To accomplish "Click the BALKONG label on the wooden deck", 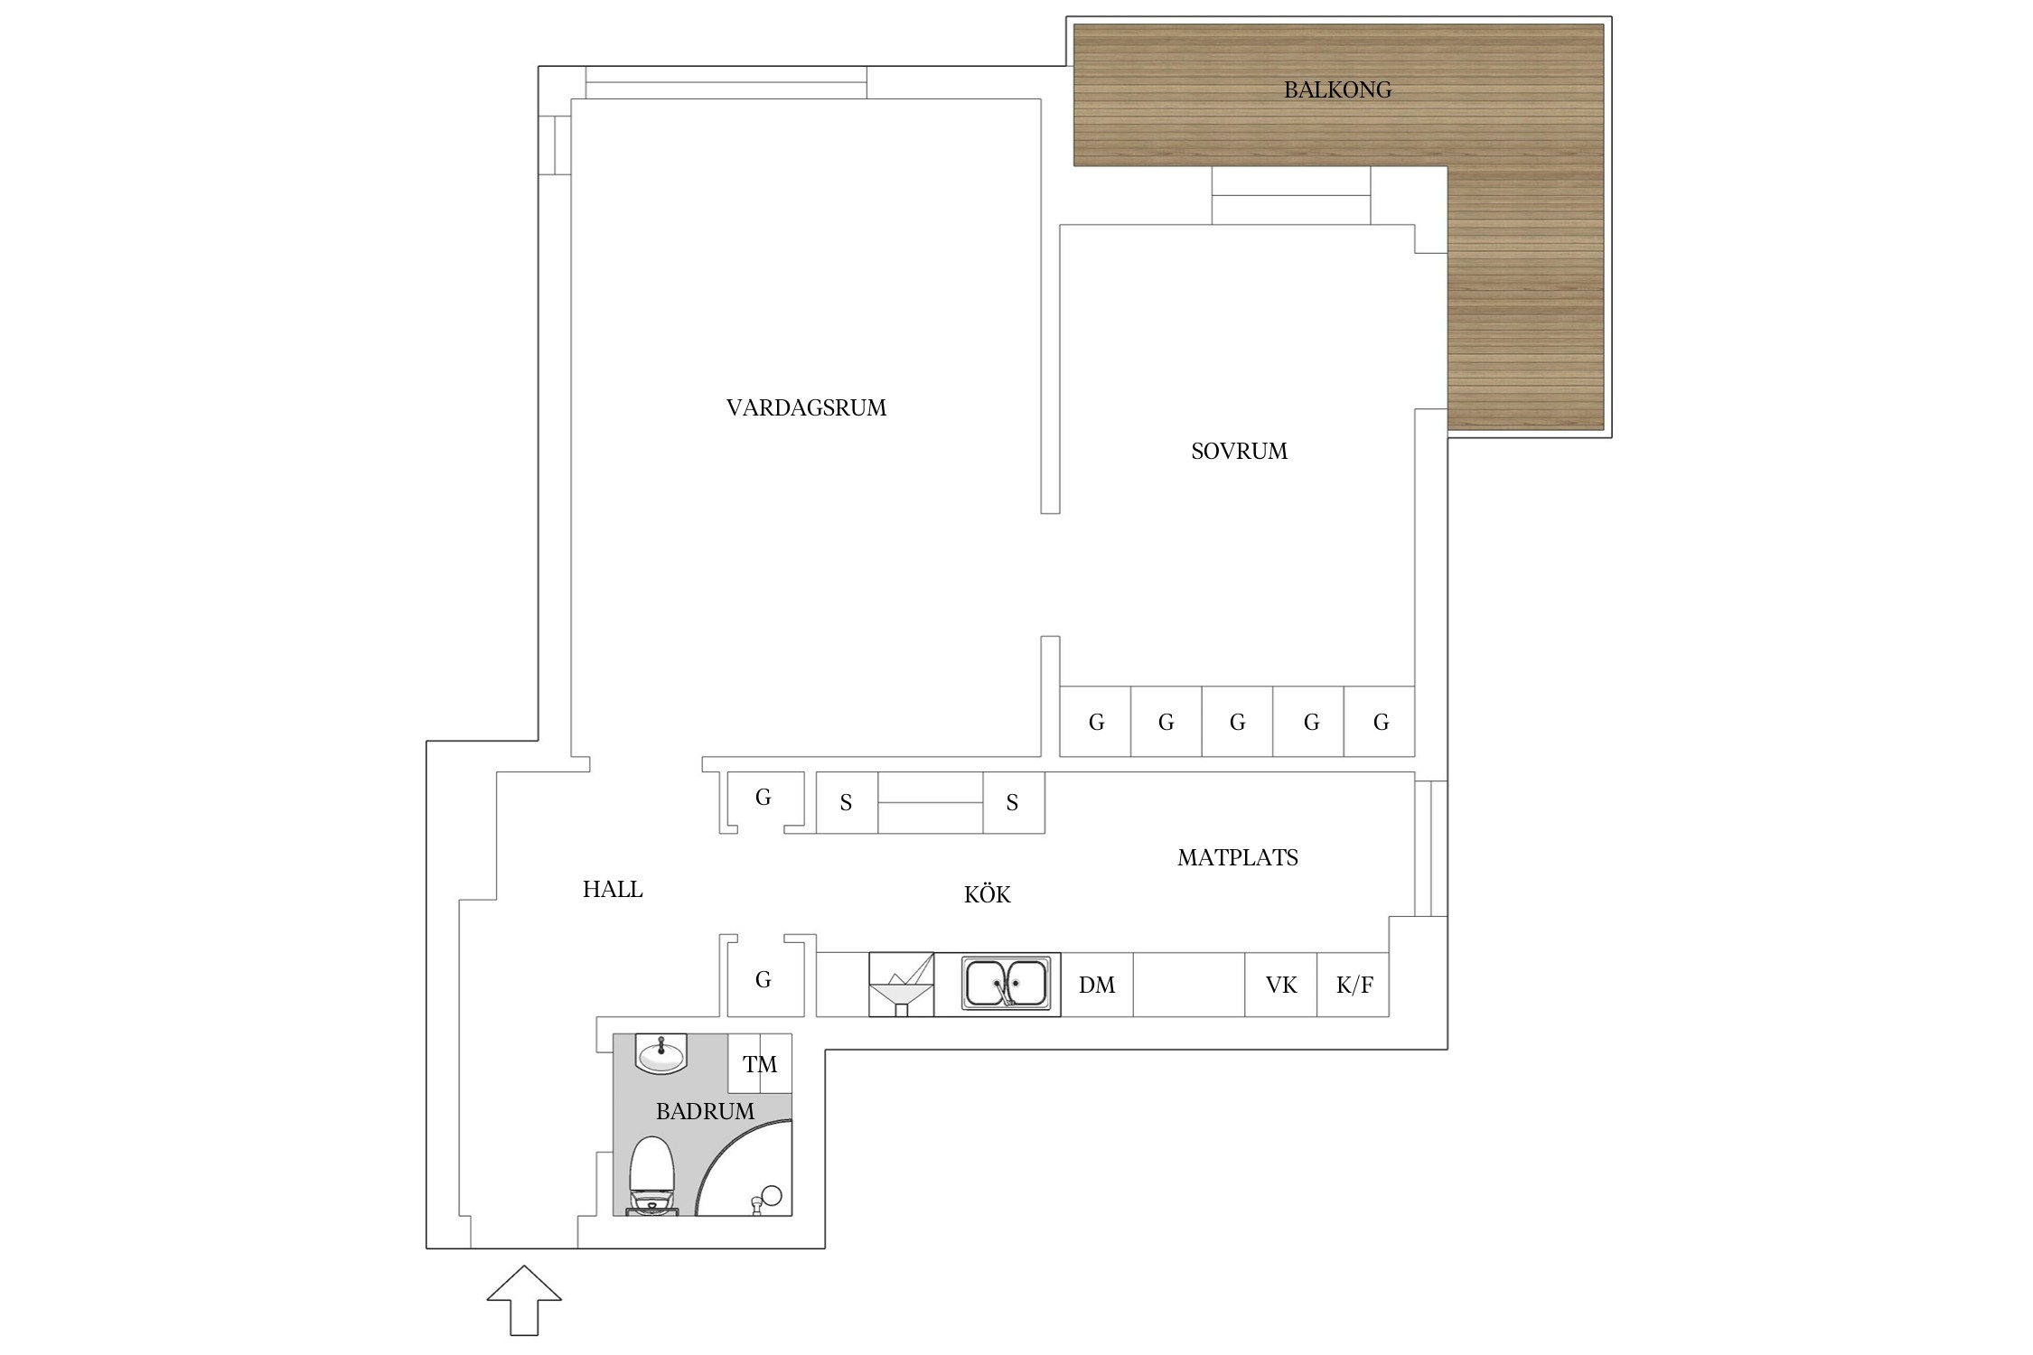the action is click(x=1337, y=89).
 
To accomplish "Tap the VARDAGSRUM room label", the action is click(x=806, y=408).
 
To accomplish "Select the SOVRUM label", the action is click(x=1239, y=451).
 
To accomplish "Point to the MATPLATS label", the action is click(x=1237, y=857).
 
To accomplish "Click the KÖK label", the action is click(x=987, y=894).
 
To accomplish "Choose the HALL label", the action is click(x=613, y=890).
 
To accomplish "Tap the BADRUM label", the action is click(x=705, y=1111).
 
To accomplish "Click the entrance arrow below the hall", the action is click(x=524, y=1300).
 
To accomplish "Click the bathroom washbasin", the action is click(x=661, y=1053).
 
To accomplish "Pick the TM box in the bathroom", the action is click(x=760, y=1064).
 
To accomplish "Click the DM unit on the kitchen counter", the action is click(x=1097, y=985).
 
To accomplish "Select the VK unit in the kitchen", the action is click(x=1280, y=985).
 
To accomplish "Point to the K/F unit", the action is click(x=1353, y=985).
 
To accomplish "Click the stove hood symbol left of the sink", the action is click(x=901, y=985).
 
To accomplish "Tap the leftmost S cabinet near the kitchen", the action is click(x=847, y=802).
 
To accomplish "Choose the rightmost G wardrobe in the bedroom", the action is click(x=1380, y=722).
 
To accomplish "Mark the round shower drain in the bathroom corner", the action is click(x=772, y=1195).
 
